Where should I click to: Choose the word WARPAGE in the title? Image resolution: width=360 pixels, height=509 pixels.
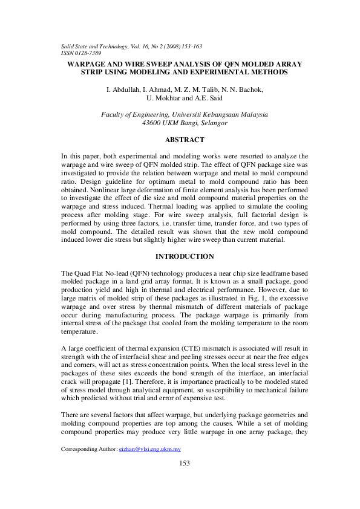(85, 64)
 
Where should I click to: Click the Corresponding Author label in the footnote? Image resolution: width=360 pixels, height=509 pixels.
(88, 449)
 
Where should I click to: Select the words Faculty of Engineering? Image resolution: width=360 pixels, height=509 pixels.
(134, 114)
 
